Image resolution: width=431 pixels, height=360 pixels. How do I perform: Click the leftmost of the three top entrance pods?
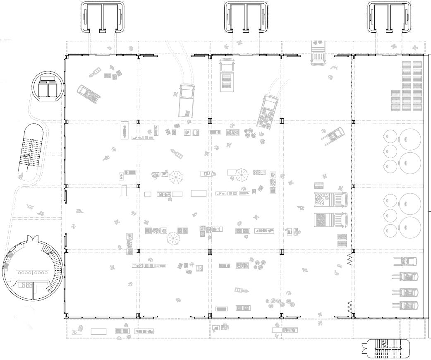[x=103, y=17]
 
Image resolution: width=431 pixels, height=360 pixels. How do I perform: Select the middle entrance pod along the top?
[x=246, y=17]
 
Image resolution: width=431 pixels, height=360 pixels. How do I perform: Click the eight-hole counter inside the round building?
[x=33, y=273]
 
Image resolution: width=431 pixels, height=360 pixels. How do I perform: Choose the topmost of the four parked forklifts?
[x=405, y=262]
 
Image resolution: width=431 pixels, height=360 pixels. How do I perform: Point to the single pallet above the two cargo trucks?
[x=319, y=186]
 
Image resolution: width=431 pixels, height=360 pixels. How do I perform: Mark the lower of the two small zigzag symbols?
[x=349, y=307]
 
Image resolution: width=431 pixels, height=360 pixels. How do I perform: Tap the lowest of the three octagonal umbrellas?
[x=174, y=238]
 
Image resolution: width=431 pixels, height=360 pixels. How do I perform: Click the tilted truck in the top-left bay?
[x=88, y=94]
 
